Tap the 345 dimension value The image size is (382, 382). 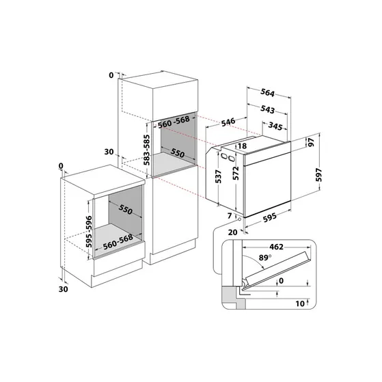(x=276, y=126)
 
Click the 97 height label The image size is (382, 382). (x=310, y=142)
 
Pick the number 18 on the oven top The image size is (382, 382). (x=242, y=145)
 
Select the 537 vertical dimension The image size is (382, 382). (x=217, y=178)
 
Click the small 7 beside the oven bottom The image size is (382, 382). (x=230, y=216)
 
